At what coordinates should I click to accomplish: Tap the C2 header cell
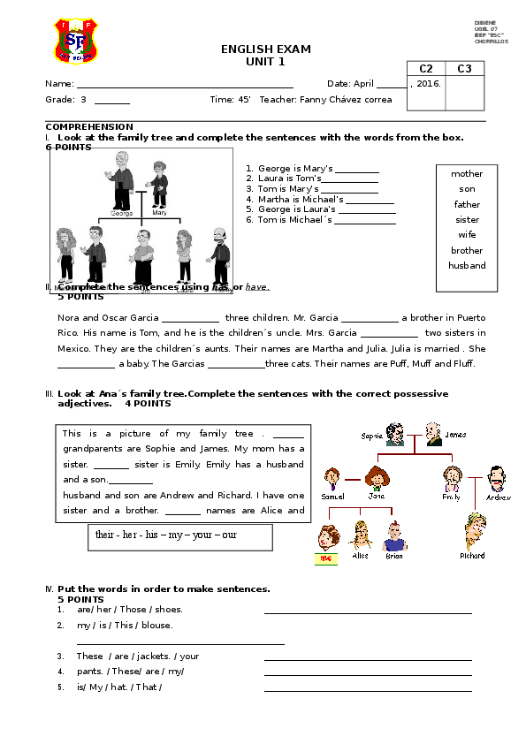coord(426,68)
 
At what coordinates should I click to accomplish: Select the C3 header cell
coord(465,68)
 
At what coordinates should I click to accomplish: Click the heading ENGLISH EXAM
coord(266,49)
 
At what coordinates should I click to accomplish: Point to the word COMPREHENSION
coord(89,127)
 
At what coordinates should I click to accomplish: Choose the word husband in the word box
coord(467,265)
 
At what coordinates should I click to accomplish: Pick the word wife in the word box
coord(467,235)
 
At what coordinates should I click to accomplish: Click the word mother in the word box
coord(467,174)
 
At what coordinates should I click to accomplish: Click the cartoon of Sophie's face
coord(395,435)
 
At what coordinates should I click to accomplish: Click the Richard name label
coord(472,556)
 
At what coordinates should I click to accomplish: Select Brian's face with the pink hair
coord(394,535)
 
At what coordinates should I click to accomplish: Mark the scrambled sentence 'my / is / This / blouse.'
coord(125,625)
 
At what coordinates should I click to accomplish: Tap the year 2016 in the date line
coord(428,83)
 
